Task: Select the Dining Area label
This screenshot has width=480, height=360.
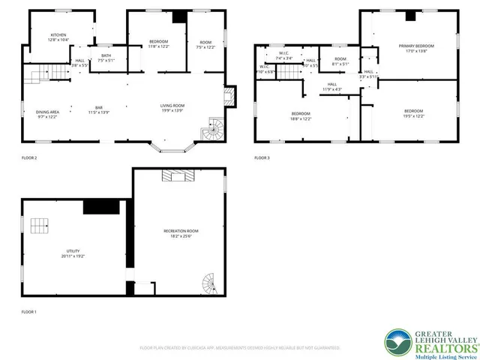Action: click(47, 112)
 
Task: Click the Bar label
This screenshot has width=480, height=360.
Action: click(98, 107)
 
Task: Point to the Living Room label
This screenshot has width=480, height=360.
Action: click(172, 106)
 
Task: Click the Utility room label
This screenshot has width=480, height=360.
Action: click(73, 251)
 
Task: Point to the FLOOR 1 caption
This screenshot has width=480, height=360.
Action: click(29, 311)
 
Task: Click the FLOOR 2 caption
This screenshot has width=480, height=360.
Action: click(29, 157)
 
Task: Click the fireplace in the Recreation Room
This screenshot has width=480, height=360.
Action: click(180, 175)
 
